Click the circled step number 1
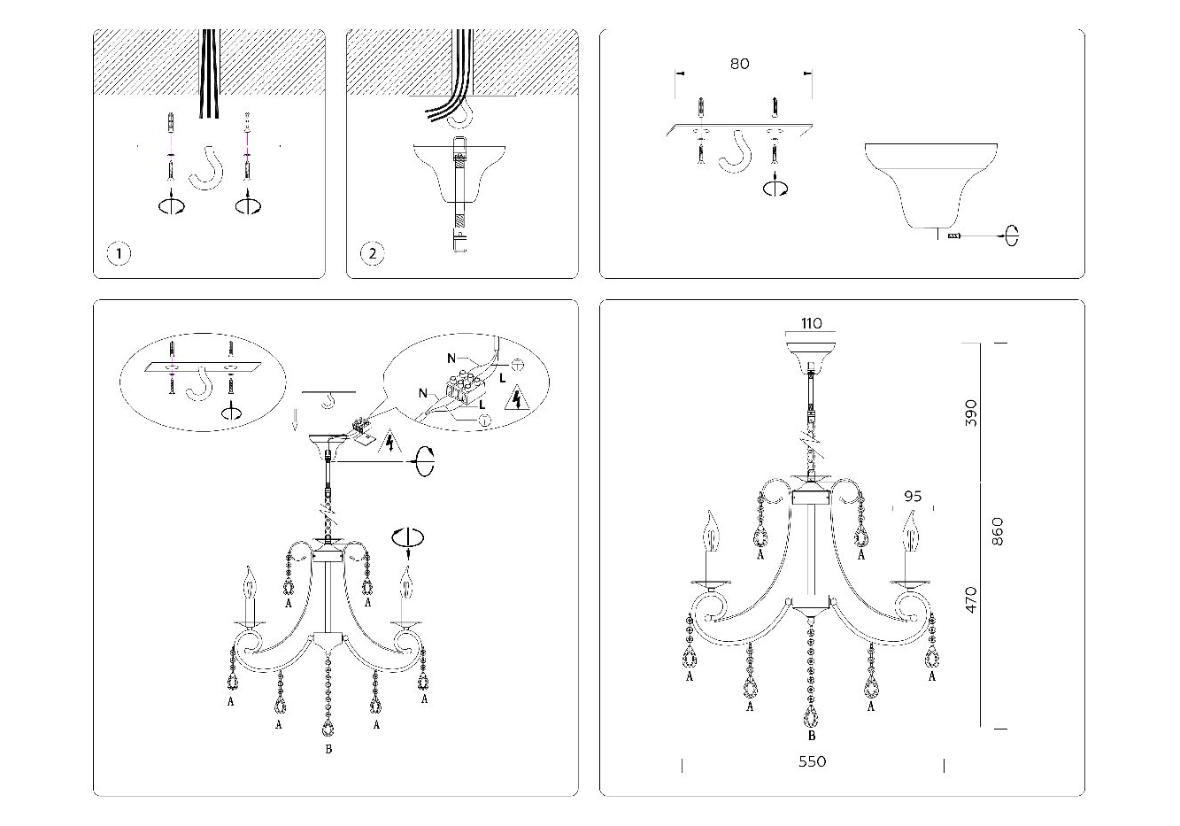(120, 254)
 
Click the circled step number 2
(373, 254)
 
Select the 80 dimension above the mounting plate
(739, 64)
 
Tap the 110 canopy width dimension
(811, 323)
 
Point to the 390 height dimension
(971, 413)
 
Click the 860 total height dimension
(998, 530)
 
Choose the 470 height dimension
(971, 600)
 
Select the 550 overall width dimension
(812, 761)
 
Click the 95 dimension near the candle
(913, 497)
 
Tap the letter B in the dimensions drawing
(812, 736)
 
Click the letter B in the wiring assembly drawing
(328, 750)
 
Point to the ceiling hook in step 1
(207, 167)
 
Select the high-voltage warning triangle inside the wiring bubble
(513, 401)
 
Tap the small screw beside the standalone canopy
(954, 236)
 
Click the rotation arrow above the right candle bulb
(408, 537)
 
